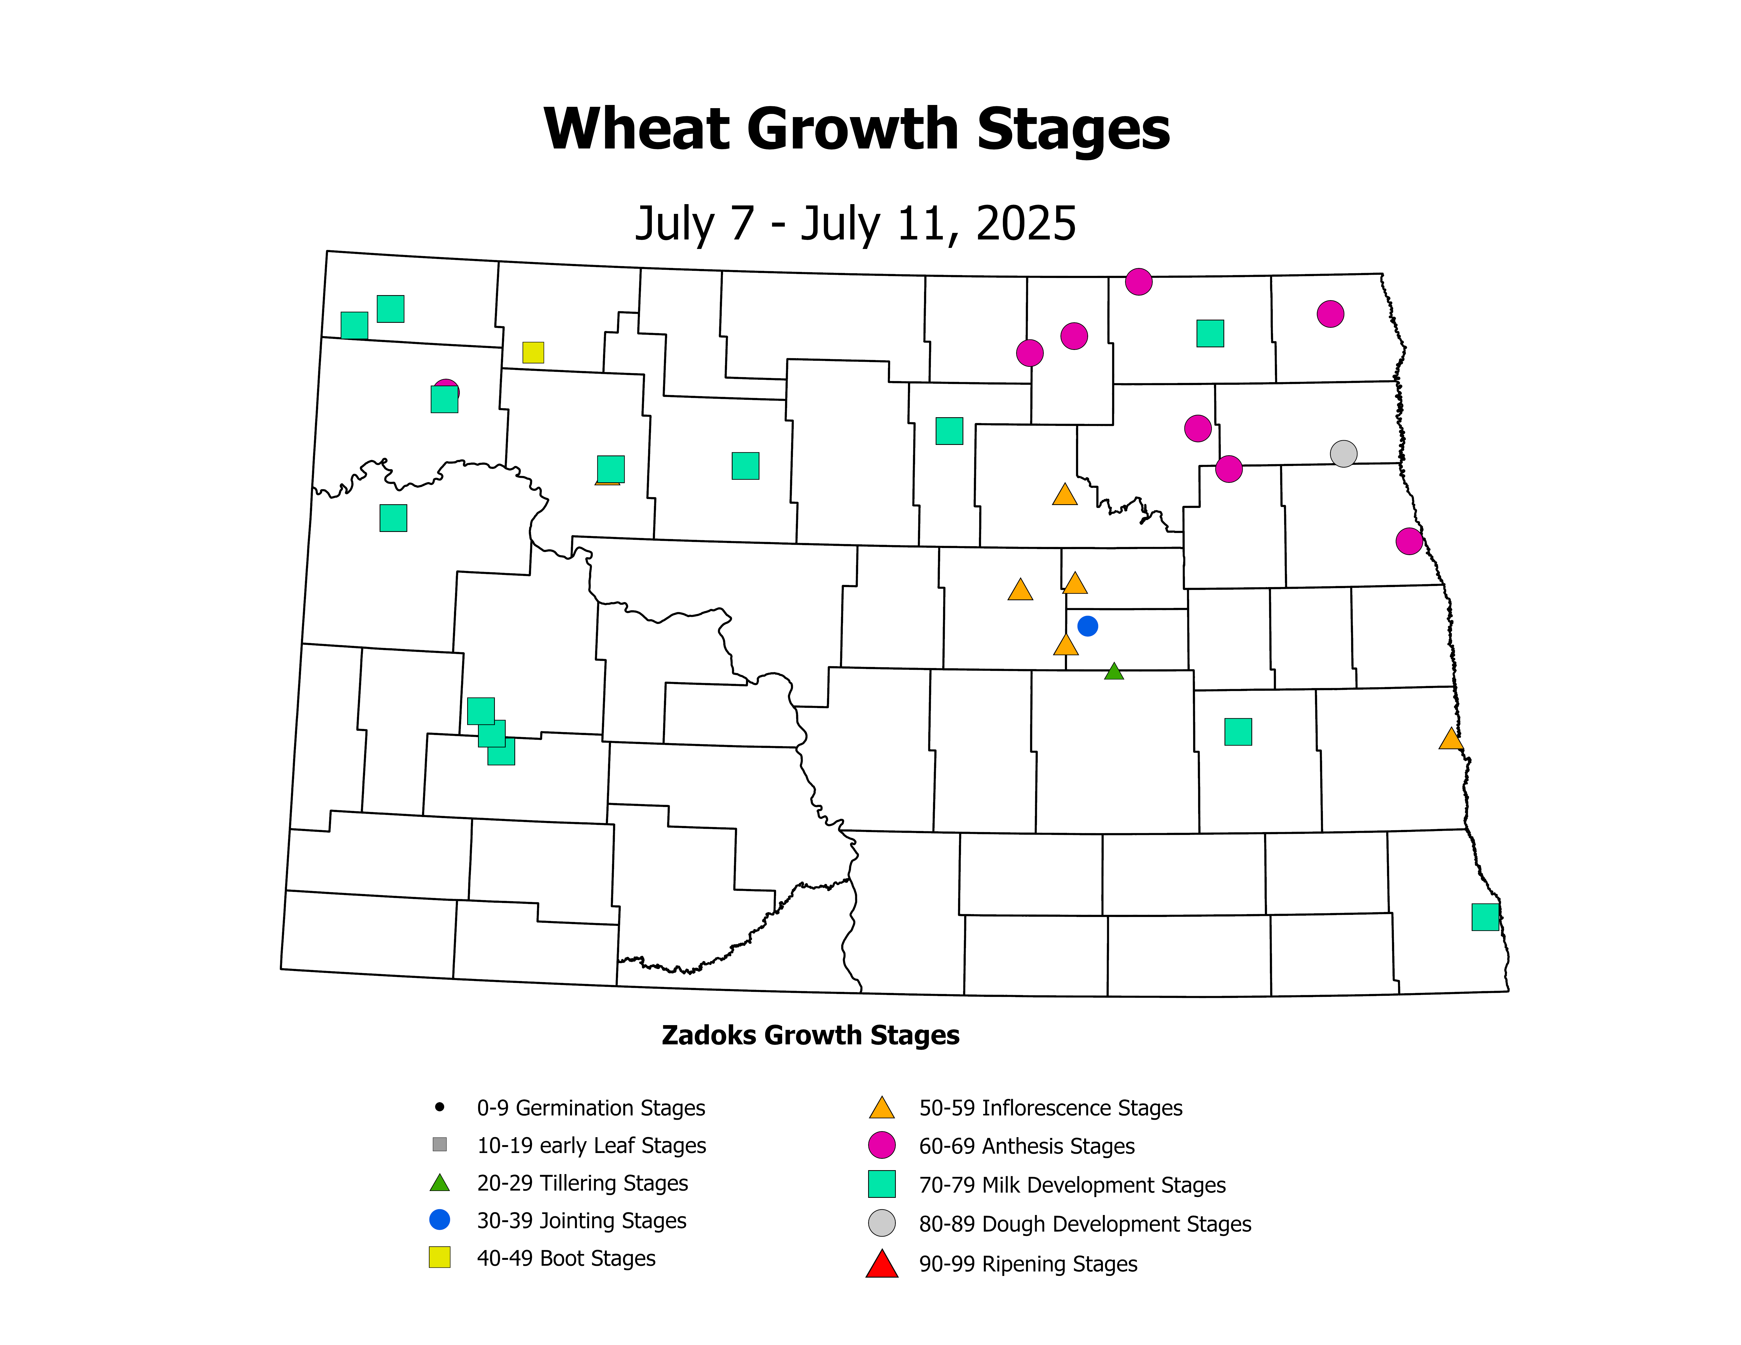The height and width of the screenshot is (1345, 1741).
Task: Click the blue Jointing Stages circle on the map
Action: click(x=1087, y=626)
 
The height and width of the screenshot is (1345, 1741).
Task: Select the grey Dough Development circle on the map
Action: click(x=1343, y=453)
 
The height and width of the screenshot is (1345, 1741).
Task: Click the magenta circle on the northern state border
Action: click(x=1138, y=281)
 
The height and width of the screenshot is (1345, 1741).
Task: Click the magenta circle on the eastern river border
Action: click(x=1409, y=541)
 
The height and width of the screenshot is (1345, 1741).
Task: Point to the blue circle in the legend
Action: click(x=439, y=1220)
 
